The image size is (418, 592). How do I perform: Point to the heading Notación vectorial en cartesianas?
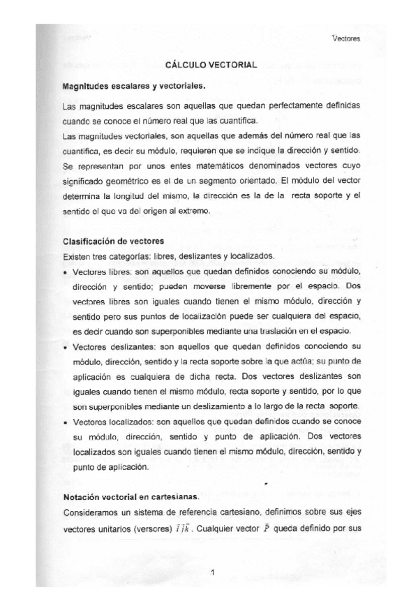click(x=130, y=497)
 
